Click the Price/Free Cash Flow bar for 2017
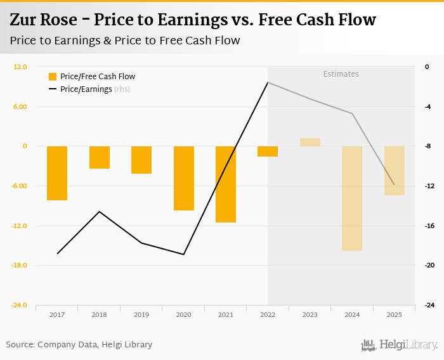(x=57, y=173)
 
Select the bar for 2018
(x=99, y=157)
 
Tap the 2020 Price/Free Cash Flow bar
(x=183, y=178)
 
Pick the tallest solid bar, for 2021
(x=225, y=184)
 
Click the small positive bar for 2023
(x=310, y=142)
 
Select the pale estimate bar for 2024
(x=351, y=198)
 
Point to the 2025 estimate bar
(x=394, y=170)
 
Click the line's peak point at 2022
(x=268, y=82)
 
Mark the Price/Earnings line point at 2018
(x=99, y=212)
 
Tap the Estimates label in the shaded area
(x=341, y=74)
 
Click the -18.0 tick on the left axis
(x=18, y=265)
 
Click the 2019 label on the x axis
(x=141, y=314)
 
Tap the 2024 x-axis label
(x=351, y=314)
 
